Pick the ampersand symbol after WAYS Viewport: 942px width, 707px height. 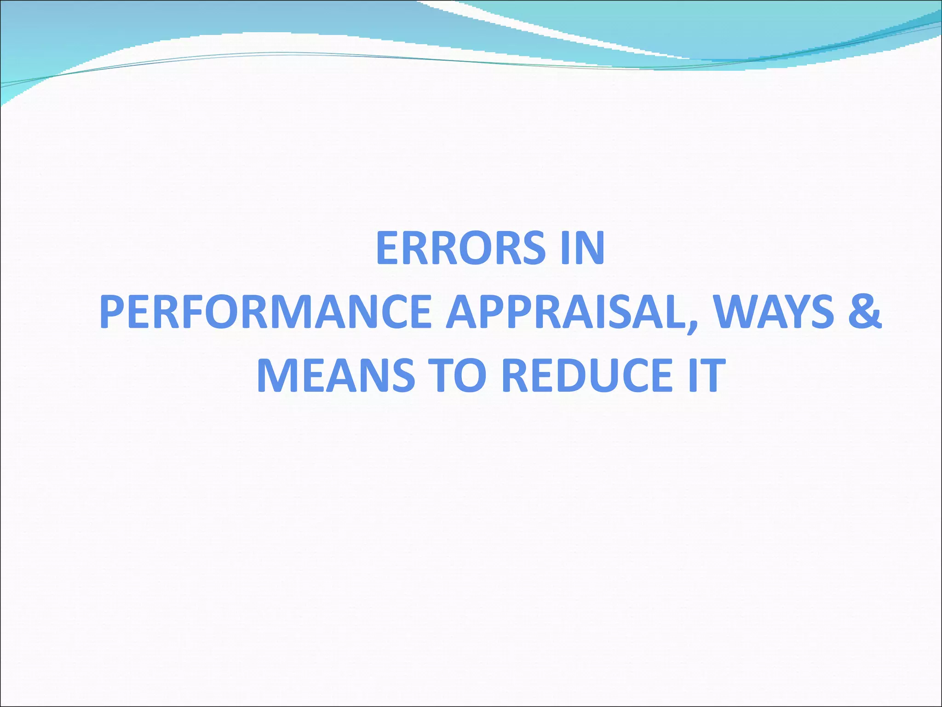864,313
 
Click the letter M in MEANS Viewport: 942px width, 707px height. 275,376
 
